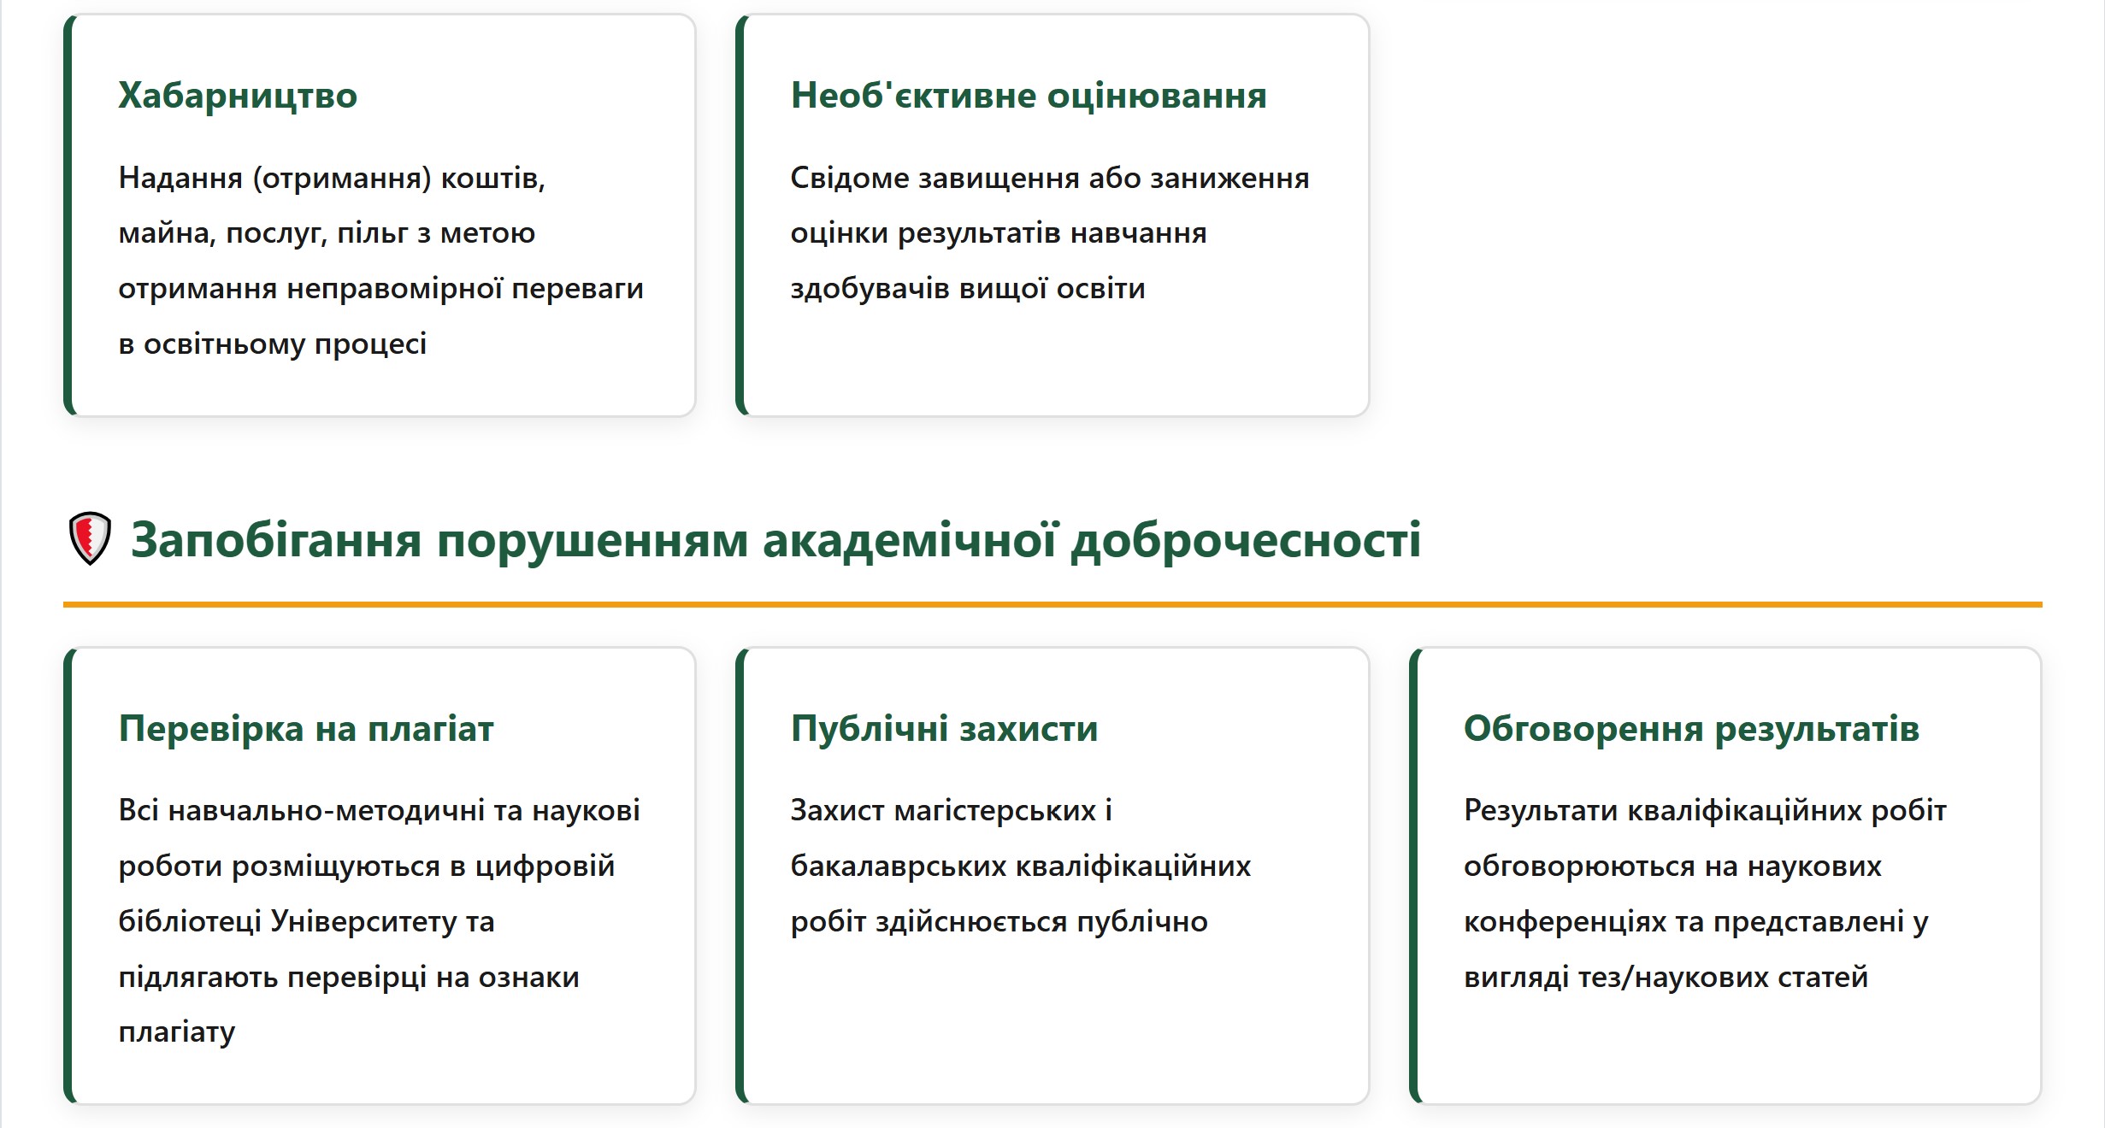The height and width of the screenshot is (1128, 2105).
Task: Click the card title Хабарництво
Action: [x=238, y=96]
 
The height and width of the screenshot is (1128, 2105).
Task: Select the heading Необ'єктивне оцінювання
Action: [x=1029, y=96]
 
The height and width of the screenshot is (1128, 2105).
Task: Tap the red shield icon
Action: [x=90, y=538]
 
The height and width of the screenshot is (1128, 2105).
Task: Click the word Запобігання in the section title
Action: [x=276, y=541]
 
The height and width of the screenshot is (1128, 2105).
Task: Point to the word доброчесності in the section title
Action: [x=1246, y=541]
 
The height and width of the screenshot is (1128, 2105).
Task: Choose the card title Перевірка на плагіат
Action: [x=306, y=729]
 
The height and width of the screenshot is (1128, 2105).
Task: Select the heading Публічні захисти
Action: [x=944, y=729]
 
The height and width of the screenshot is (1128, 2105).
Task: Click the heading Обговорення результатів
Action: [x=1691, y=729]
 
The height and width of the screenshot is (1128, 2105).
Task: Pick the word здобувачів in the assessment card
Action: [x=870, y=289]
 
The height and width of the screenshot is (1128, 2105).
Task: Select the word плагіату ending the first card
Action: [x=177, y=1033]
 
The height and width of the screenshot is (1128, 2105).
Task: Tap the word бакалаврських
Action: [x=899, y=867]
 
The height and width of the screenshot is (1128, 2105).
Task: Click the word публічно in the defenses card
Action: [x=1142, y=922]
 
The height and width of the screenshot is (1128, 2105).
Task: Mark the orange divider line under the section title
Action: [x=1052, y=604]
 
